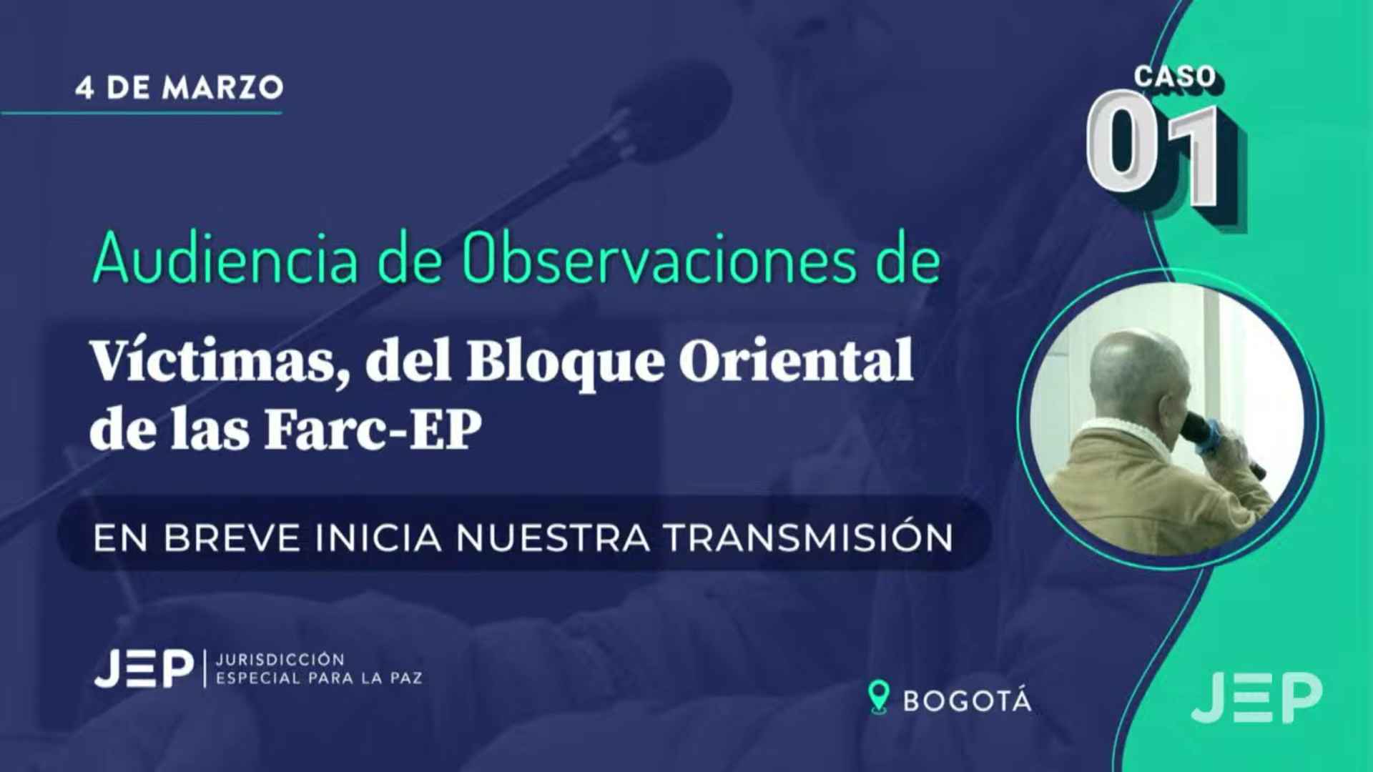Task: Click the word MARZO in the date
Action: pos(223,88)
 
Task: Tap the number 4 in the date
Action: pos(84,88)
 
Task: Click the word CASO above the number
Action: pos(1175,76)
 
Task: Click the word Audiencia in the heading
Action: pos(225,259)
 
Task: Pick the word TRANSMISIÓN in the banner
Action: pos(809,538)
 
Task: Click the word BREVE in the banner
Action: pos(232,538)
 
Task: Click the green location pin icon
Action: pos(878,697)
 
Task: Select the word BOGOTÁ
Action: pos(968,701)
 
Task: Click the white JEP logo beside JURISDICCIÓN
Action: pos(144,668)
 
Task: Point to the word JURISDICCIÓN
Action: pos(280,659)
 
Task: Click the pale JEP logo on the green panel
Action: pos(1256,698)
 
